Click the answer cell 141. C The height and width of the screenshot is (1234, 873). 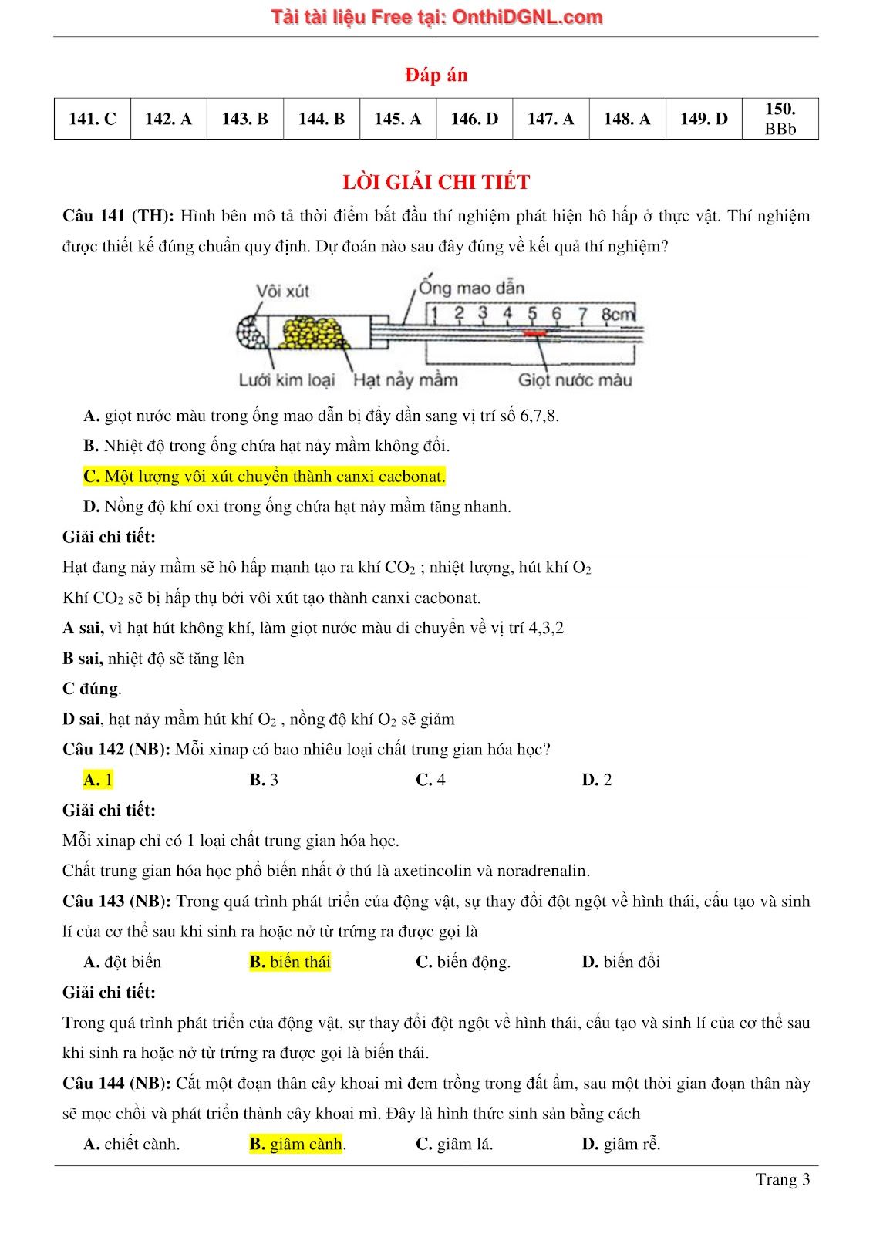(x=93, y=119)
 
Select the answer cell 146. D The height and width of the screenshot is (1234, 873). (x=474, y=119)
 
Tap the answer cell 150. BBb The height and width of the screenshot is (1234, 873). (x=780, y=119)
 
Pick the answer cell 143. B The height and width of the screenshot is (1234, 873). (x=245, y=119)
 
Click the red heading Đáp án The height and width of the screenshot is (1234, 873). (x=436, y=75)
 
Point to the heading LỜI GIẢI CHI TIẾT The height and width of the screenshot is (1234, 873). (x=436, y=182)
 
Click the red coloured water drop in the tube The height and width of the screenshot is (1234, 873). (x=534, y=333)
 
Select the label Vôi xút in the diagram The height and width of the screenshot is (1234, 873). (x=282, y=291)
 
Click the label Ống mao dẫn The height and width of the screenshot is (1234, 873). (x=471, y=288)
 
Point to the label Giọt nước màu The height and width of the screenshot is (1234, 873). (x=575, y=379)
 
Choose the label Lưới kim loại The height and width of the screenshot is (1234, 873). (x=286, y=379)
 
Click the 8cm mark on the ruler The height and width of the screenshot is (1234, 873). (x=618, y=314)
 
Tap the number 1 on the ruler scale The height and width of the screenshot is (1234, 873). (x=434, y=314)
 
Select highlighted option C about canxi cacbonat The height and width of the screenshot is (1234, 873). (x=265, y=477)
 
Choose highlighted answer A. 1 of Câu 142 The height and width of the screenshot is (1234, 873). (x=98, y=780)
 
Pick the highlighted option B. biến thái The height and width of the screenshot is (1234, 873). (x=290, y=962)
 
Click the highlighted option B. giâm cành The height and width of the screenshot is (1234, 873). (x=296, y=1144)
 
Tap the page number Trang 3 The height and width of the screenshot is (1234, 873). (x=782, y=1179)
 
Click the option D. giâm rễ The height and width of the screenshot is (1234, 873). (x=621, y=1144)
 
